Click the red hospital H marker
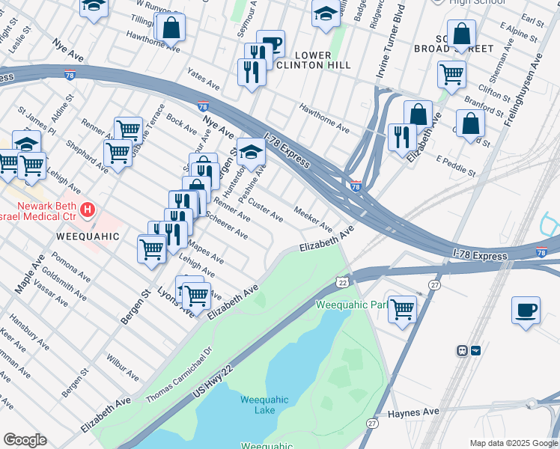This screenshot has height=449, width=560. tap(88, 210)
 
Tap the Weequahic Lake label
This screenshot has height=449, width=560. tap(259, 405)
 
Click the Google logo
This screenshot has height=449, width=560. tap(25, 440)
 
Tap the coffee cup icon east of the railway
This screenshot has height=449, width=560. tap(526, 310)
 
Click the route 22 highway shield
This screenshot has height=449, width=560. tap(342, 281)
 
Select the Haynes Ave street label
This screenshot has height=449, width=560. tap(413, 412)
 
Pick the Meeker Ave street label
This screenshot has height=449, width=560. tap(313, 219)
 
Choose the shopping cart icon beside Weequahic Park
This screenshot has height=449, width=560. tap(403, 308)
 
